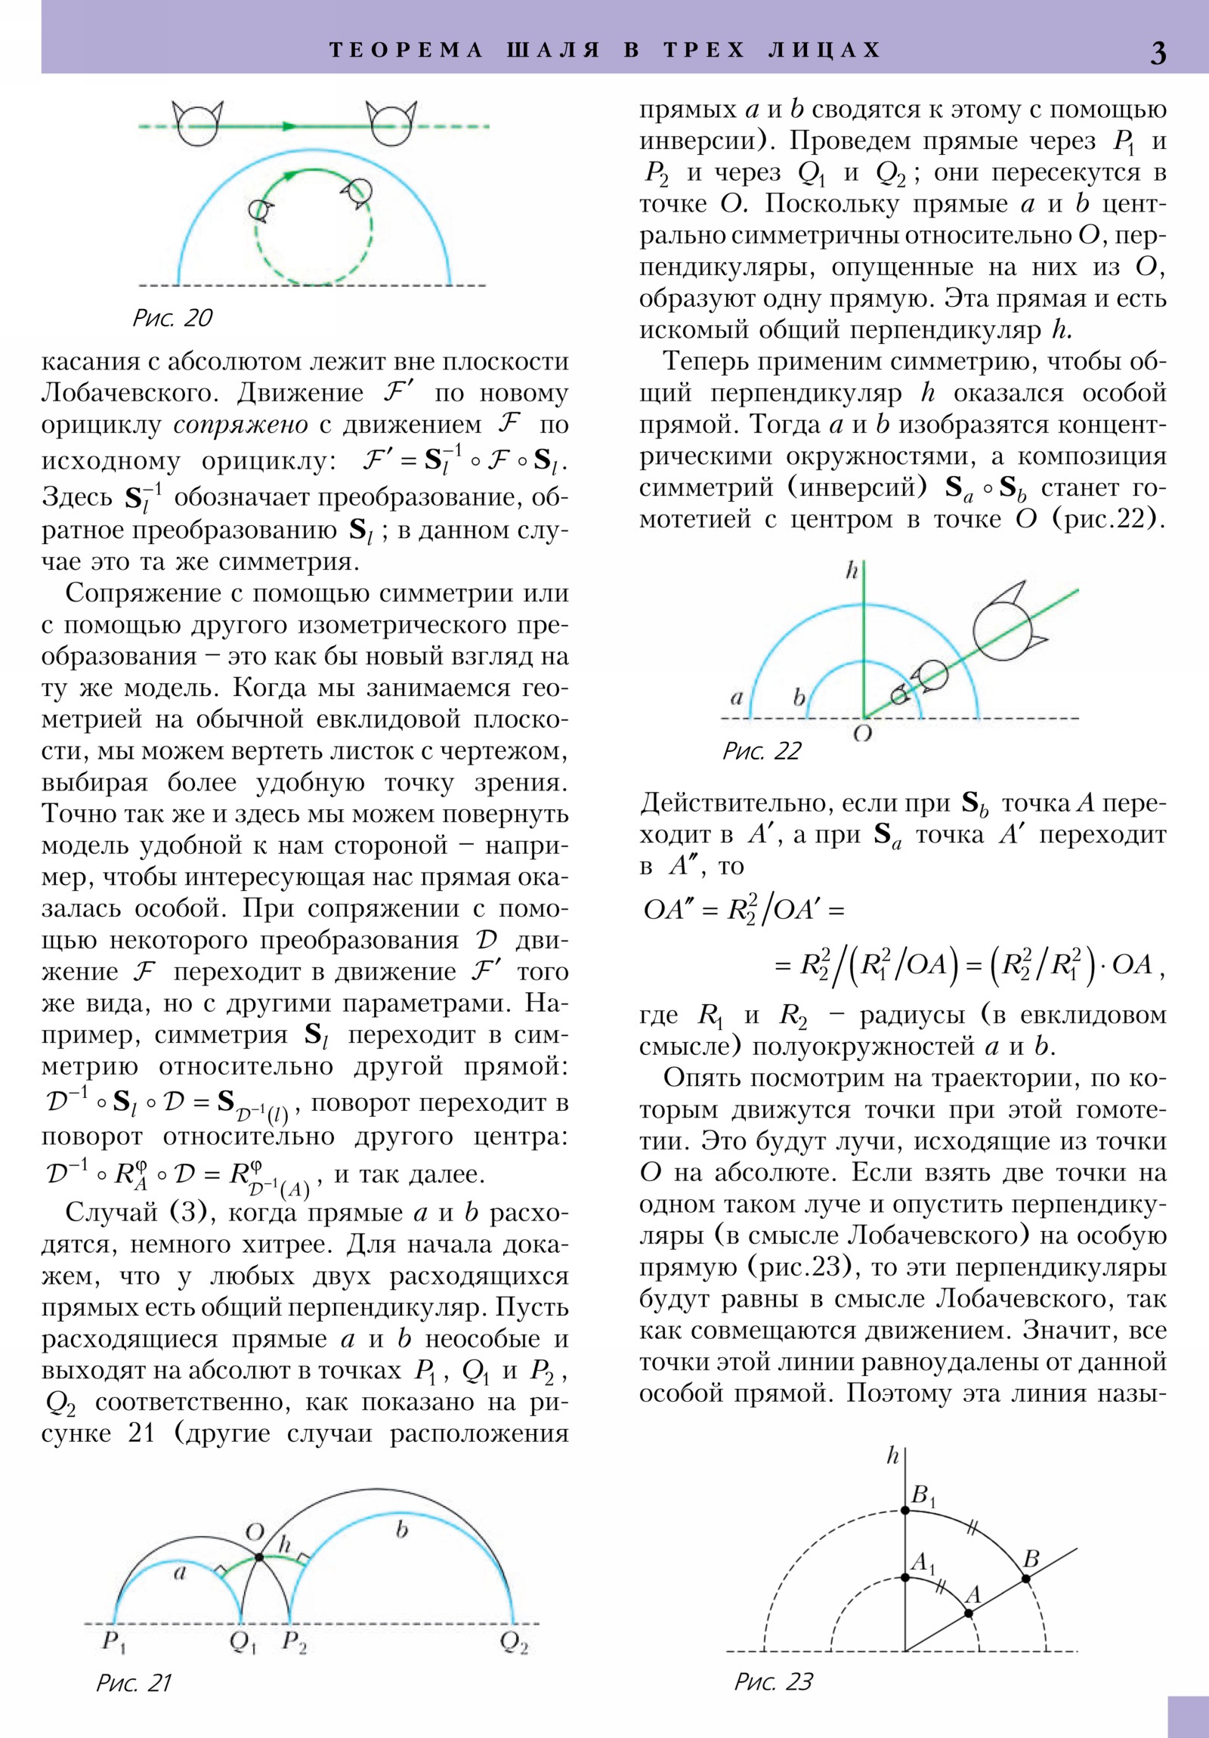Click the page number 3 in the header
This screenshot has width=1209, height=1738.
[1158, 52]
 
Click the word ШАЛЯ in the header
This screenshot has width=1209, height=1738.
[552, 50]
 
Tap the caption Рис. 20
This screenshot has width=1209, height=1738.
[172, 318]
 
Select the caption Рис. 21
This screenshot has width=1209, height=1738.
[134, 1683]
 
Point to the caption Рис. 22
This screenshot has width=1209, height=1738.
[761, 751]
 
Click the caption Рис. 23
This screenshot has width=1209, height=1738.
[773, 1682]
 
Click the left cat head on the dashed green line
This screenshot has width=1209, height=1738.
[197, 122]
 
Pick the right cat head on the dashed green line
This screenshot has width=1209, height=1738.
[391, 122]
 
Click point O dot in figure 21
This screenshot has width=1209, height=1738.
[259, 1558]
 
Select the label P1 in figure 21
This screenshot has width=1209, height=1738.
[113, 1643]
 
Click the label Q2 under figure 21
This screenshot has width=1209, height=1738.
[514, 1644]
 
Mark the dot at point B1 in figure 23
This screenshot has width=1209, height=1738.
[904, 1510]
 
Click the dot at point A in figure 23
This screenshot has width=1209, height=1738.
[968, 1613]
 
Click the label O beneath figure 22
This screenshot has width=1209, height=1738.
[862, 734]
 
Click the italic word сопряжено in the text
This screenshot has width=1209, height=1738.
[241, 425]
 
